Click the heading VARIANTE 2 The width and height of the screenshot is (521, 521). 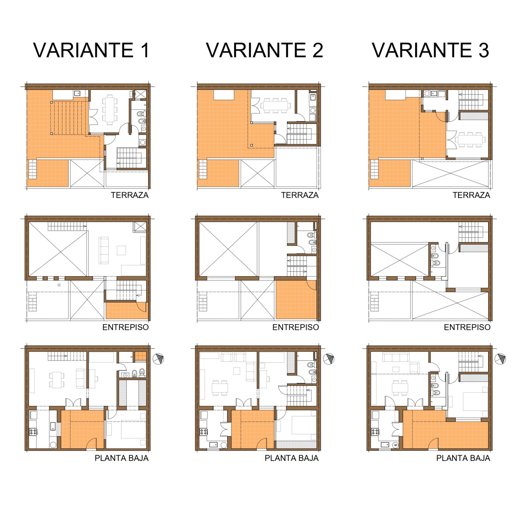pos(265,50)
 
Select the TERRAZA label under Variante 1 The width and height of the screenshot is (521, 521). pos(129,195)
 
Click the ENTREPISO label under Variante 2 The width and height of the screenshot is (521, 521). pos(295,327)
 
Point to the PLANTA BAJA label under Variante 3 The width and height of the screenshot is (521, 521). pos(463,458)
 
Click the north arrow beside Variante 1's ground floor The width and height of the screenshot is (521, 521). pos(158,359)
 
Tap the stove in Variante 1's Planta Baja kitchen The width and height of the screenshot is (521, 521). pos(33,432)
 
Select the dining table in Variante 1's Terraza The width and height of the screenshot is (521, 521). pos(110,109)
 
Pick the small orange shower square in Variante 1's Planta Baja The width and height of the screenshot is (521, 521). pos(141,356)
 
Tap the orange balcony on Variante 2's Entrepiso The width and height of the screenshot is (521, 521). pos(296,300)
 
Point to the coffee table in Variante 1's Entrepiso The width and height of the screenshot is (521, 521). pos(121,250)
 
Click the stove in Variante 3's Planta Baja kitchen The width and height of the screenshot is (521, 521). pos(375,432)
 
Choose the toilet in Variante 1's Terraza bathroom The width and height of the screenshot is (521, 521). pos(140,113)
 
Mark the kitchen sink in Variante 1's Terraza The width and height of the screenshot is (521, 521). pos(77,93)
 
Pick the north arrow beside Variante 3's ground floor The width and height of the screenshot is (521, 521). pos(500,359)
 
